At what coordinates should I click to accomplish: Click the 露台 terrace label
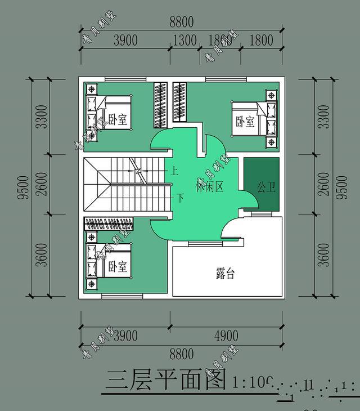tap(225, 274)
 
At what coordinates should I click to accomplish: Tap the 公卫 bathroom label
tap(267, 186)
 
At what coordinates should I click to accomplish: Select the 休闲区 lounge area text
tap(210, 186)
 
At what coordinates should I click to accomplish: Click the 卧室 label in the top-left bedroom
tap(117, 119)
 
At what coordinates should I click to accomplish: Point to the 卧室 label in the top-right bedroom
tap(245, 121)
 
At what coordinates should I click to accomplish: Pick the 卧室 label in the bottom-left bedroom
tap(118, 265)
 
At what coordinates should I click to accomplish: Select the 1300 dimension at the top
tap(184, 41)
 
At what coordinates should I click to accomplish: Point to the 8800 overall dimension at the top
tap(181, 23)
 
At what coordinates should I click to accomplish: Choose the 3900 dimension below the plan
tap(125, 336)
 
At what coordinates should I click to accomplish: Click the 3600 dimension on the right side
tap(323, 256)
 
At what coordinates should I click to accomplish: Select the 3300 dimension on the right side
tap(323, 117)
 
